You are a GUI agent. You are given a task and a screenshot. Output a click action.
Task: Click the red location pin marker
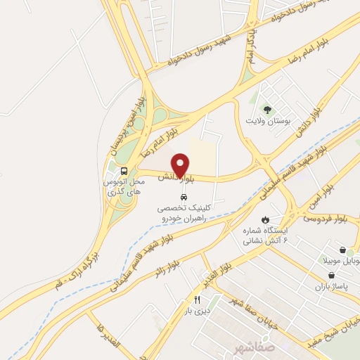(181, 165)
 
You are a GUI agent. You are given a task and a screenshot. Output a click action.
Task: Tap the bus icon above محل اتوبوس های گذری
(124, 171)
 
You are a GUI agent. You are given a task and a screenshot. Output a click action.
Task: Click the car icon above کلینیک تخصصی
(184, 196)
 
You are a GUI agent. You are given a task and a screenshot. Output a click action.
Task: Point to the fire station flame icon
(265, 219)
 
